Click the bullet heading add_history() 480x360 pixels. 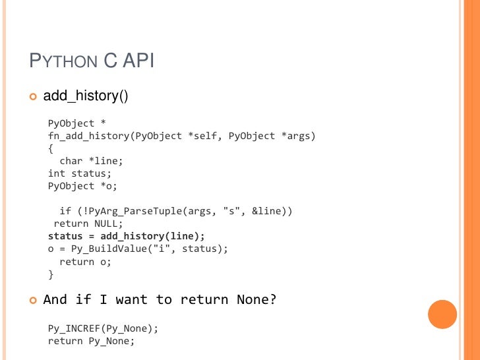point(85,96)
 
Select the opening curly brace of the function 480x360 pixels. point(51,148)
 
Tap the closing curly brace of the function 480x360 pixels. point(51,274)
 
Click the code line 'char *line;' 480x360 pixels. point(91,161)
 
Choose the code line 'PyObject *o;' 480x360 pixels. point(82,186)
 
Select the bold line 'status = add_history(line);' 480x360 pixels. point(127,236)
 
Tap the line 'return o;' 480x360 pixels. point(86,261)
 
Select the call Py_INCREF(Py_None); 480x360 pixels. point(104,328)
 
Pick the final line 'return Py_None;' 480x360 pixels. point(91,341)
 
